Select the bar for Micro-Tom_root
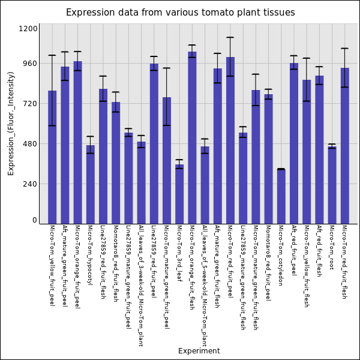coord(332,185)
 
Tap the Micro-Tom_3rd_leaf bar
coord(179,194)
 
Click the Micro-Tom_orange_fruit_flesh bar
coord(192,137)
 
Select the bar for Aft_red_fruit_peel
coord(294,143)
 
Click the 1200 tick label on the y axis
coord(28,29)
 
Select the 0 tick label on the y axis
coord(34,220)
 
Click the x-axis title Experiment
coord(199,351)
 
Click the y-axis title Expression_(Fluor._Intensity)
coord(11,123)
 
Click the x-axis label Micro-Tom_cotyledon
coord(281,255)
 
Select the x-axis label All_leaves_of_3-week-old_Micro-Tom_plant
coord(141,286)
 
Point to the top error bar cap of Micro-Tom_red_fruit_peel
coord(230,38)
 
